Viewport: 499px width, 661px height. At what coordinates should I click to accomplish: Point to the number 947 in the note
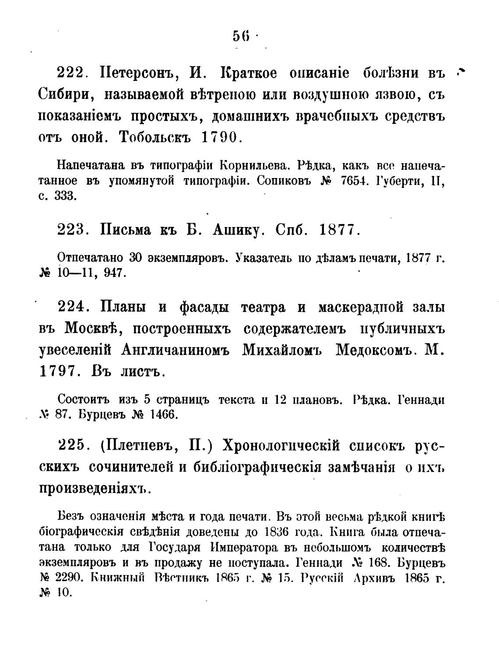[x=115, y=273]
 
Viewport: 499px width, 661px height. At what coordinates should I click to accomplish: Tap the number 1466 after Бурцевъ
[x=163, y=414]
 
